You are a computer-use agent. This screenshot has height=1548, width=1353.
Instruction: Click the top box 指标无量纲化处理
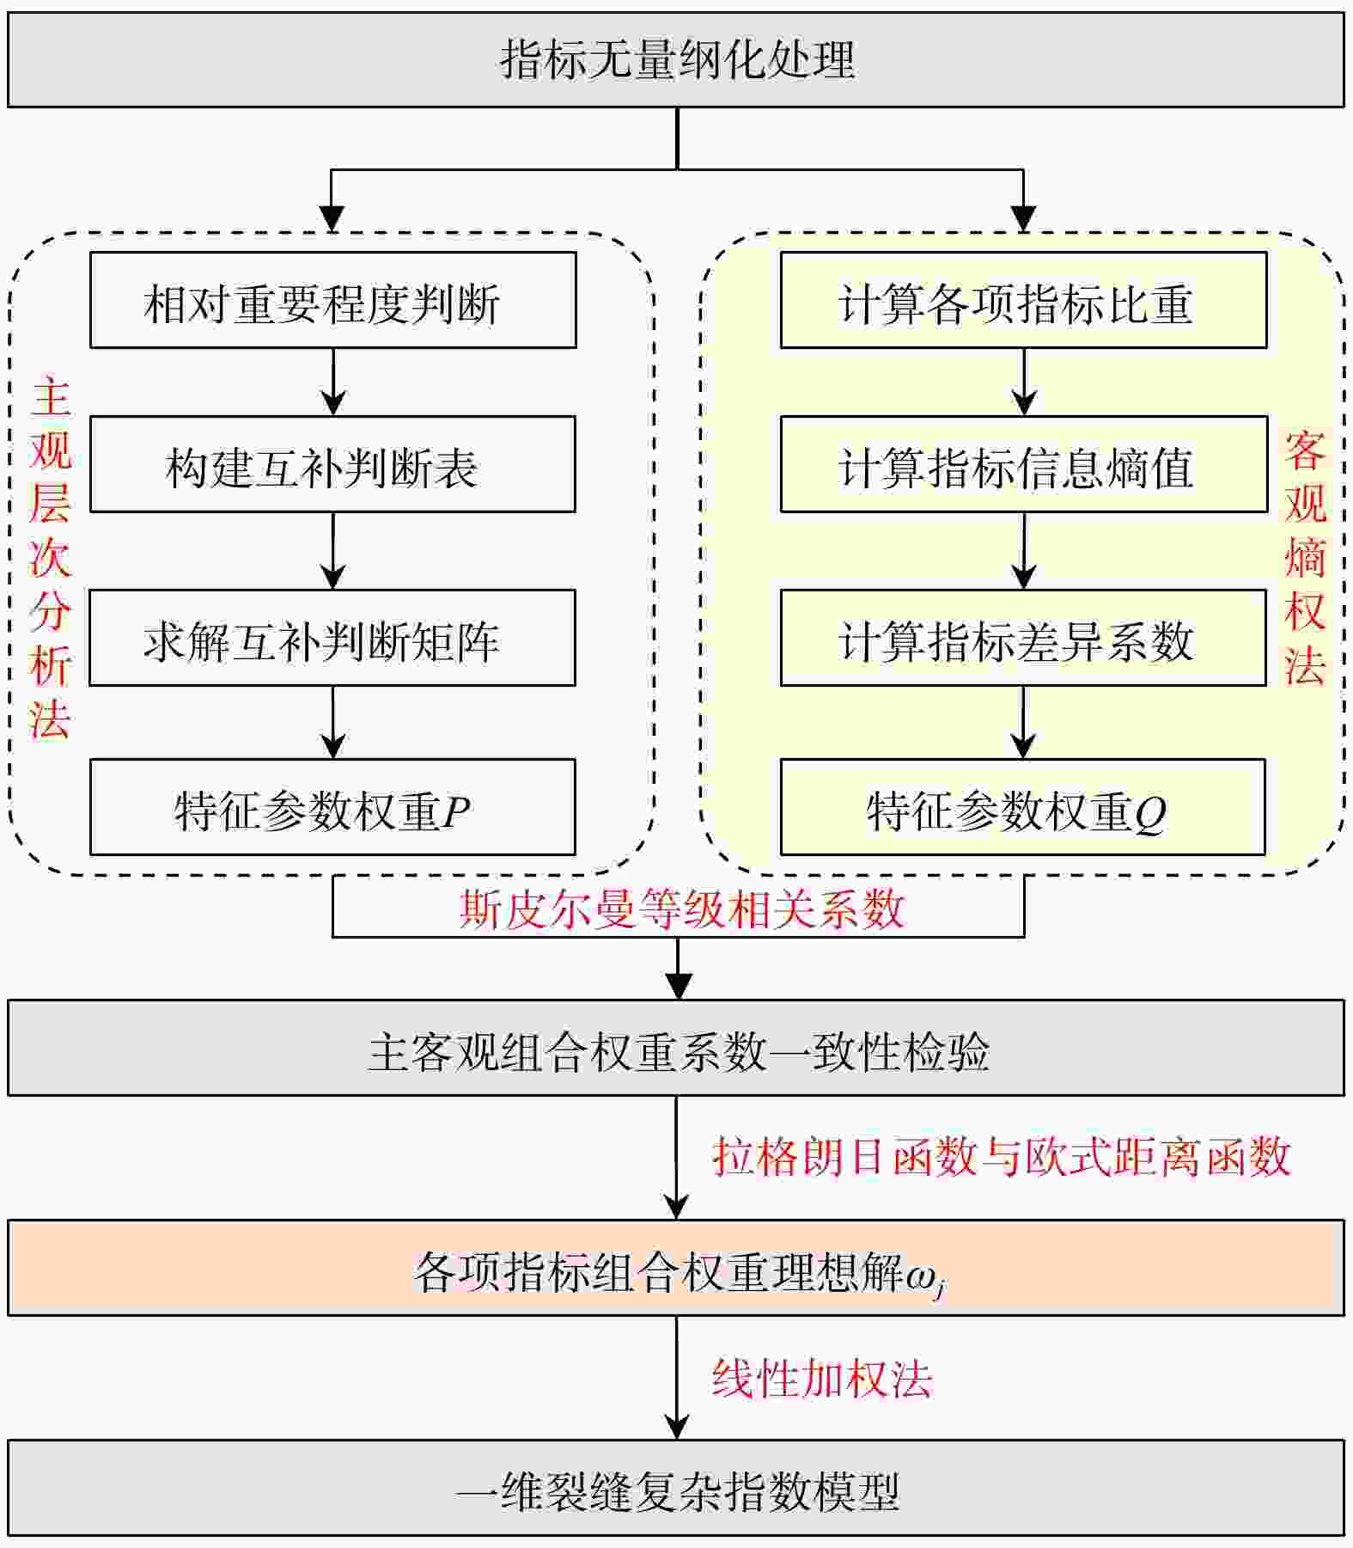[x=676, y=59]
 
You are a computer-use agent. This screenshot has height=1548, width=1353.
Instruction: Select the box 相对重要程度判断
[x=332, y=300]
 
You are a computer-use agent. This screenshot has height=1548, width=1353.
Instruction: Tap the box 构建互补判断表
[x=332, y=464]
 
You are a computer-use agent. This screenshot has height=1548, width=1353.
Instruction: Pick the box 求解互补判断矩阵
[x=332, y=638]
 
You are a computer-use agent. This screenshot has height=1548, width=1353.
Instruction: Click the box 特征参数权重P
[x=332, y=807]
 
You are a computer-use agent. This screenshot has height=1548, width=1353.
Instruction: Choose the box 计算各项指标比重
[x=1023, y=300]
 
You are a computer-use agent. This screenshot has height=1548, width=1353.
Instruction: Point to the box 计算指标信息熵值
[x=1023, y=464]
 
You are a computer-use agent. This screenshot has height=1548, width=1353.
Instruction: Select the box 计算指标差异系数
[x=1023, y=638]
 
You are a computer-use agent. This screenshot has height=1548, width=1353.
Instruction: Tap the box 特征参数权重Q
[x=1023, y=807]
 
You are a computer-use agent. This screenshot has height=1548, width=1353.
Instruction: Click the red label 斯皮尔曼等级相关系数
[x=680, y=909]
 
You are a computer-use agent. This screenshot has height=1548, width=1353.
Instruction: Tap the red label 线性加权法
[x=821, y=1379]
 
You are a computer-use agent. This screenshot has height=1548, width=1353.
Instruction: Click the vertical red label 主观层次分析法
[x=50, y=559]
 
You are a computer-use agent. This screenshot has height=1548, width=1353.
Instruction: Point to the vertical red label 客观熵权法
[x=1304, y=559]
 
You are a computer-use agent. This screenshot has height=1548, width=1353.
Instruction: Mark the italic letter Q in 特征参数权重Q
[x=1149, y=812]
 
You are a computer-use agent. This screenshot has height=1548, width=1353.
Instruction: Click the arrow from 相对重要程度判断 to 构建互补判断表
[x=333, y=382]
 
